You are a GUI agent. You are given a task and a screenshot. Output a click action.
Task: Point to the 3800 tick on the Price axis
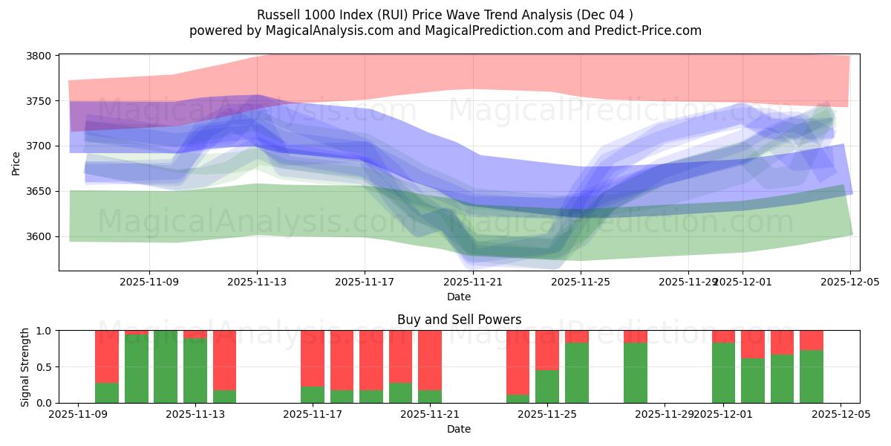pos(39,56)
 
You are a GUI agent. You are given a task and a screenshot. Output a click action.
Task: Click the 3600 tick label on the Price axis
pos(39,236)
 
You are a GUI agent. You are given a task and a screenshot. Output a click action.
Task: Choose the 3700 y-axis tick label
pos(39,146)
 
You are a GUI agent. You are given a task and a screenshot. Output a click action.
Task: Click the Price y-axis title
pos(16,162)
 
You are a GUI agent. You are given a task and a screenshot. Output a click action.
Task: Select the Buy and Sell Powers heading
pos(459,320)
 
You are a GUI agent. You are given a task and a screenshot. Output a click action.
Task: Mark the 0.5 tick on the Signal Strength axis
pos(43,367)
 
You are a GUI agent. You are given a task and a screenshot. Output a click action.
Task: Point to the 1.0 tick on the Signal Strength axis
pos(43,331)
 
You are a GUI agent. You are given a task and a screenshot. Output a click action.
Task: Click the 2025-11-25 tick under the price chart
pos(581,282)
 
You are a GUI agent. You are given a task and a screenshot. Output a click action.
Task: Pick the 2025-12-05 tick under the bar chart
pos(841,414)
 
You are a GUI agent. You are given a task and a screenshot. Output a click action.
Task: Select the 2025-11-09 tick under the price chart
pos(149,282)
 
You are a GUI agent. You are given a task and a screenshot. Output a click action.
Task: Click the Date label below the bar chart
pos(459,429)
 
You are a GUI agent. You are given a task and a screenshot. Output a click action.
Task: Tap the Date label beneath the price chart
pos(459,297)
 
